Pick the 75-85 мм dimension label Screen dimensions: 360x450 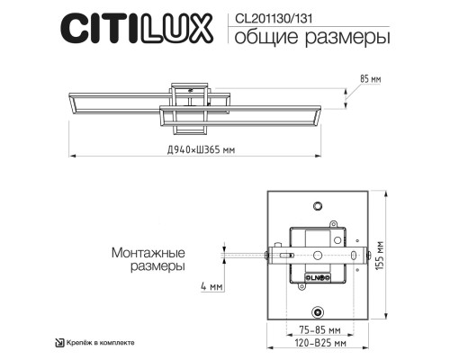[x=315, y=329]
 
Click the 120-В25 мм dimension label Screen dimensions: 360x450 [x=315, y=343]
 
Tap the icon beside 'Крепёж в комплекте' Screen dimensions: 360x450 [x=59, y=342]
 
